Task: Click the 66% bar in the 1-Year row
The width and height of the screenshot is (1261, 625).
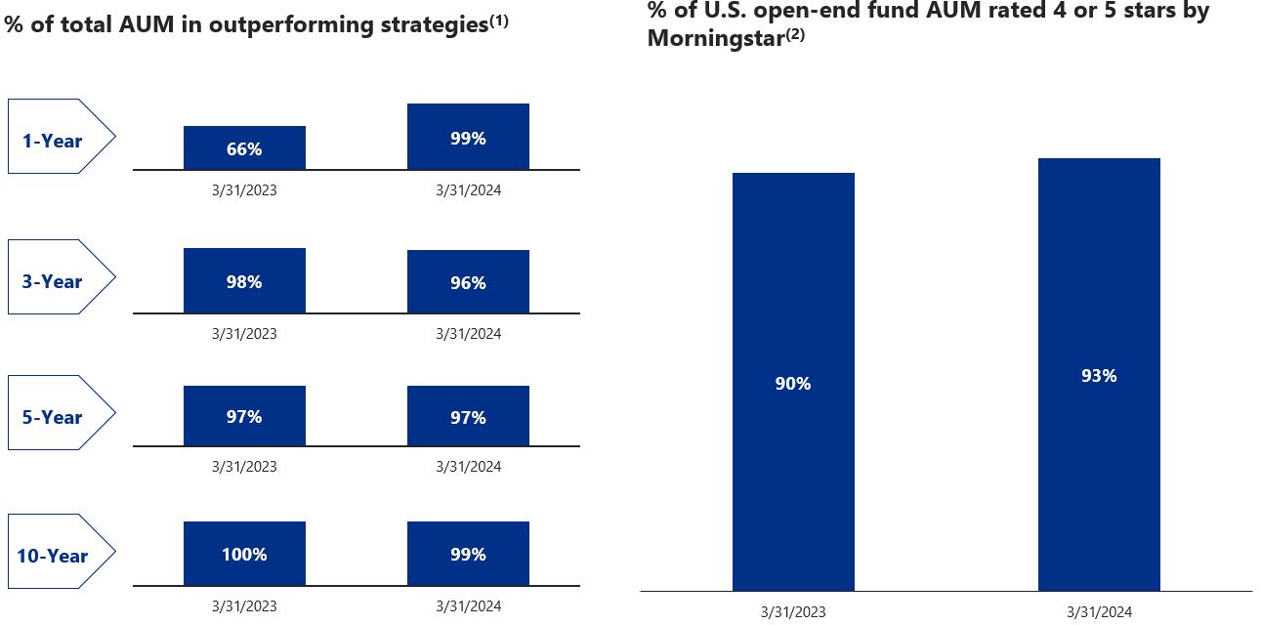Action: click(x=244, y=147)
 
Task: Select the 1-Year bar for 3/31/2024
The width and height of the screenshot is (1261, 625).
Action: click(x=468, y=137)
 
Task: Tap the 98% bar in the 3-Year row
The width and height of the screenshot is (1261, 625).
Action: click(x=244, y=280)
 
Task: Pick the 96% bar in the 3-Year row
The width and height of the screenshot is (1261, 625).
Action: click(x=468, y=281)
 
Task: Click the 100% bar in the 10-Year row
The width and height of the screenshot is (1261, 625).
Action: click(x=244, y=554)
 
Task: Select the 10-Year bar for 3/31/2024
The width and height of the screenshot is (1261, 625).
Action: click(x=468, y=554)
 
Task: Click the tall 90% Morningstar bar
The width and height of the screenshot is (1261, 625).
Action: click(x=793, y=382)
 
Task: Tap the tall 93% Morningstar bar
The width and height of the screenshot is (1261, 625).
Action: click(x=1099, y=374)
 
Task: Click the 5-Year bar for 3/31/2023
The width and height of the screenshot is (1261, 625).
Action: click(x=244, y=416)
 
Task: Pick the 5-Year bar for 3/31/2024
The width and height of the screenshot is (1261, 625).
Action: click(x=468, y=416)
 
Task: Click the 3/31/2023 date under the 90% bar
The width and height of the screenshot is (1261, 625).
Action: click(x=793, y=612)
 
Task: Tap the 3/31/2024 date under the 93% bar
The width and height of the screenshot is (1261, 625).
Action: click(x=1099, y=612)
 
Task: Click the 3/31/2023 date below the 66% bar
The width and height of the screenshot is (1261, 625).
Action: click(x=244, y=190)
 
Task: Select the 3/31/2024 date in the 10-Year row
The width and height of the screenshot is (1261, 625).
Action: click(x=468, y=606)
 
